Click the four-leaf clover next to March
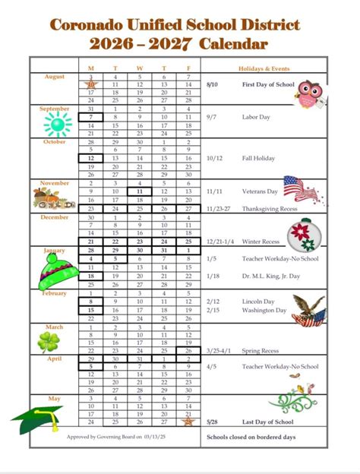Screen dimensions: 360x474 coord(50,341)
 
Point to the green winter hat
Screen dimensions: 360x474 coord(55,267)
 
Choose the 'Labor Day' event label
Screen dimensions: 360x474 coord(255,118)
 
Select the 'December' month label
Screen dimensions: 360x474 coord(53,216)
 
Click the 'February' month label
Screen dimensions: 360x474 coord(54,292)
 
